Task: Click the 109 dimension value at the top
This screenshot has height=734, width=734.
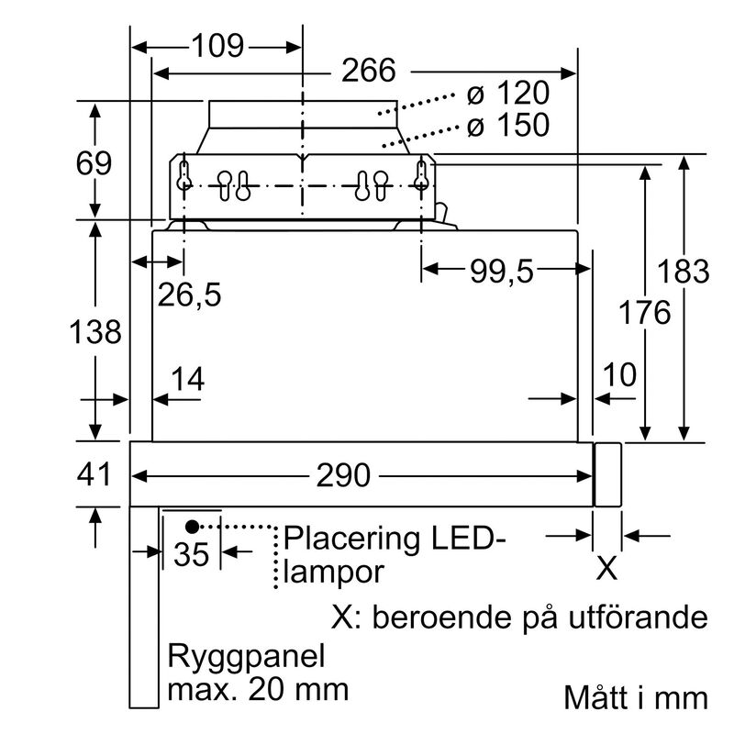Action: coord(217,45)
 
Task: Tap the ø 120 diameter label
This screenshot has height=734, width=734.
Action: coord(507,94)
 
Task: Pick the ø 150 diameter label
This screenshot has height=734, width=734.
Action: coord(507,125)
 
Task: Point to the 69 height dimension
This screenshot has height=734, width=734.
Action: coord(94,163)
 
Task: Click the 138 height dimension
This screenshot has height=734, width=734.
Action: coord(95,331)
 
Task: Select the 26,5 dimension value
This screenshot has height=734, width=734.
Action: coord(189,295)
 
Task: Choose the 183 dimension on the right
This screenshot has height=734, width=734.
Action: coord(684,272)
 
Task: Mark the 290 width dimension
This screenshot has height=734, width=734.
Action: coord(343,476)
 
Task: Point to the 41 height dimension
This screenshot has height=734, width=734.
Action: coord(94,475)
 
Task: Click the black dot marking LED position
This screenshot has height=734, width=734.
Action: coord(192,526)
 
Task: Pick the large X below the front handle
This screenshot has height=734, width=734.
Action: coord(607,569)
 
